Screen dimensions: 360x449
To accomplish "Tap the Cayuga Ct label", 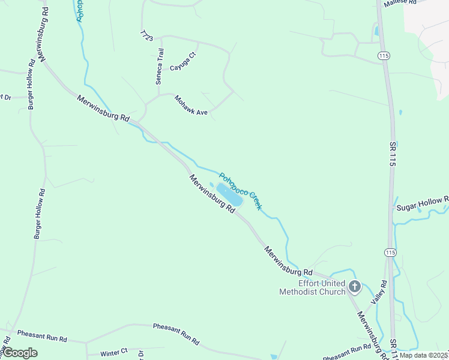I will [183, 62].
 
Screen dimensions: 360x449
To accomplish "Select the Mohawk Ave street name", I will [190, 105].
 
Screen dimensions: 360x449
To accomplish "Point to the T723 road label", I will [146, 35].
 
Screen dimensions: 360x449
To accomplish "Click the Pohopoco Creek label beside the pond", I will [240, 191].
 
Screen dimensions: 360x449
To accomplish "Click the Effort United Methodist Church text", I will [313, 287].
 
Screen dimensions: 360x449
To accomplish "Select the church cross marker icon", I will [354, 287].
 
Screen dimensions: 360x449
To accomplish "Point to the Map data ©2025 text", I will [423, 355].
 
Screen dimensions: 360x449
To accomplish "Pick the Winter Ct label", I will [114, 351].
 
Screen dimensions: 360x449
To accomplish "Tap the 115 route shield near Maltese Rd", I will [383, 56].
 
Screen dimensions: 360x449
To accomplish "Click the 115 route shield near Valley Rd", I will [391, 253].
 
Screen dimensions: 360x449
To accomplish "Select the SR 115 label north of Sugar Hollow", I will [393, 154].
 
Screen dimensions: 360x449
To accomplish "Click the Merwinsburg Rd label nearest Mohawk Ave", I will [103, 109].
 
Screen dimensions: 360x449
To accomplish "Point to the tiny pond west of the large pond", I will [211, 185].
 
